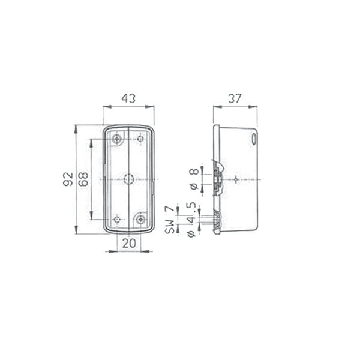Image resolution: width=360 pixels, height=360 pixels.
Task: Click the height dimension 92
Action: tap(68, 179)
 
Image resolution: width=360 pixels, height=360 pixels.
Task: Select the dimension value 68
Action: tap(83, 179)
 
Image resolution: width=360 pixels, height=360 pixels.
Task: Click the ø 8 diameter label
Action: tap(193, 178)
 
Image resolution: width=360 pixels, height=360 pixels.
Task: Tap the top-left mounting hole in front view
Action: tap(117, 139)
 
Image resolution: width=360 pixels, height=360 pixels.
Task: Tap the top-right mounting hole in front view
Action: tap(140, 139)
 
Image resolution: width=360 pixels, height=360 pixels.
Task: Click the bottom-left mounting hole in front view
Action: tap(117, 220)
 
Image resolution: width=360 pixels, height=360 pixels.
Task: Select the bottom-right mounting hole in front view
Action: tap(141, 220)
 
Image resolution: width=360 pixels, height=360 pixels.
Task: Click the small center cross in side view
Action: tap(238, 179)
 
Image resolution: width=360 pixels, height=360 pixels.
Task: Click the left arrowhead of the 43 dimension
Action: tap(105, 107)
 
